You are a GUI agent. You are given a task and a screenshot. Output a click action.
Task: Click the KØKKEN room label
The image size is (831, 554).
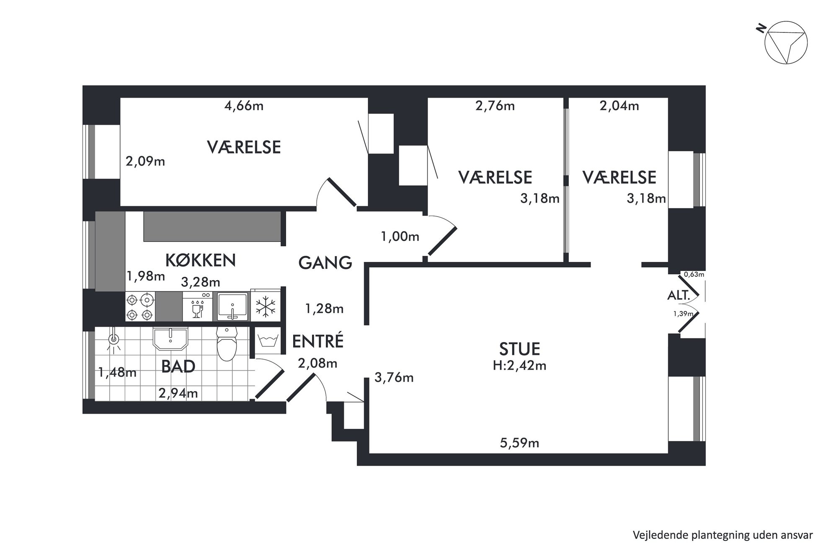click(201, 260)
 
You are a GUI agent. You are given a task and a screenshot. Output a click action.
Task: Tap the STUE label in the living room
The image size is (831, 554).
click(519, 349)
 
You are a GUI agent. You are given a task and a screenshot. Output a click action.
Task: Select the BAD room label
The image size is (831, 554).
click(178, 366)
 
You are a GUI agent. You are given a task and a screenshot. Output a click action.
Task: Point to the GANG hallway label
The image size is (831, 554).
click(325, 263)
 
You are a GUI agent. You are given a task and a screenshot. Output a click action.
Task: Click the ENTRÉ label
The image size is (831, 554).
click(318, 341)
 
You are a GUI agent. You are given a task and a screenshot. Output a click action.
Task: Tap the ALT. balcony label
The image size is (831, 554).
click(679, 295)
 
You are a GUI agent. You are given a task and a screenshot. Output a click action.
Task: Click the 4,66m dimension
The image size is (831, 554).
click(244, 106)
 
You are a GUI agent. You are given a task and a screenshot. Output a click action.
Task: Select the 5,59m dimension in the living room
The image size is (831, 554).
click(519, 443)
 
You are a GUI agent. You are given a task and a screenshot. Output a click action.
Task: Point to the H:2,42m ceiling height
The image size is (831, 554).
click(519, 366)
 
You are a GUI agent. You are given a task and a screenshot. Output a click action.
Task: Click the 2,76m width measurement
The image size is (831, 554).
click(495, 106)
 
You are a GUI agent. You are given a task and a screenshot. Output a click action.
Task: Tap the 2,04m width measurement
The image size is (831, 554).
click(619, 106)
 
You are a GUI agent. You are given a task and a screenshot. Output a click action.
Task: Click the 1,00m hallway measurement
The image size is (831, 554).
click(400, 237)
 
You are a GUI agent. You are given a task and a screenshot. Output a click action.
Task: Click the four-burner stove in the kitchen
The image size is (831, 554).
click(140, 307)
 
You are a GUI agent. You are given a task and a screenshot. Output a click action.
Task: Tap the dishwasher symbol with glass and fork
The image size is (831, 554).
click(197, 307)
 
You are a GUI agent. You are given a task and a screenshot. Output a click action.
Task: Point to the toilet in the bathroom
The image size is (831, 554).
click(227, 343)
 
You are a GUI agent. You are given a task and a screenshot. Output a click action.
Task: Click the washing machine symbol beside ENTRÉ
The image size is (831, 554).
click(266, 341)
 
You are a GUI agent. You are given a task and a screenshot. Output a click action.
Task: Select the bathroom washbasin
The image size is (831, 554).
click(170, 338)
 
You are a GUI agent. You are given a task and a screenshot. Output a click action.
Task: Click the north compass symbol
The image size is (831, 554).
click(785, 43)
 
